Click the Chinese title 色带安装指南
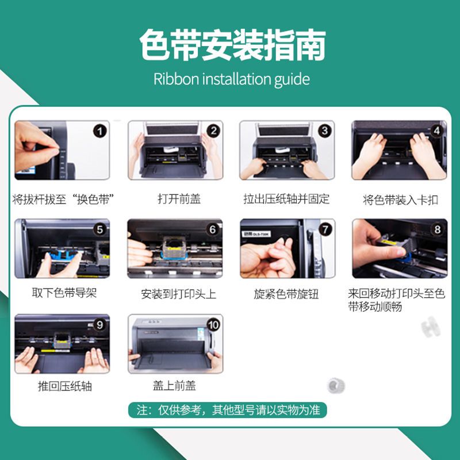[x=232, y=45]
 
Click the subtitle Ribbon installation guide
[x=232, y=79]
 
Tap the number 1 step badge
[x=99, y=131]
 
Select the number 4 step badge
[x=437, y=131]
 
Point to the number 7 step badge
[x=325, y=229]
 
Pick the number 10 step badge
[x=213, y=325]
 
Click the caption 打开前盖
[x=179, y=199]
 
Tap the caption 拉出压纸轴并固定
[x=286, y=199]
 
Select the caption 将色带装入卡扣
[x=400, y=200]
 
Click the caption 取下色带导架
[x=64, y=293]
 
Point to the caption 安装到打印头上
[x=178, y=294]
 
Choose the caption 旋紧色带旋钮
[x=286, y=294]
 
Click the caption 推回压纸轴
[x=65, y=386]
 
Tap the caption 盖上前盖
[x=174, y=385]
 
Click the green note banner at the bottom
[x=227, y=410]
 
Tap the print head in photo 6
[x=175, y=248]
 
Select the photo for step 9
[x=62, y=344]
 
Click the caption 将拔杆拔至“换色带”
[x=63, y=200]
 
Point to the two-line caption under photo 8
[x=396, y=300]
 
